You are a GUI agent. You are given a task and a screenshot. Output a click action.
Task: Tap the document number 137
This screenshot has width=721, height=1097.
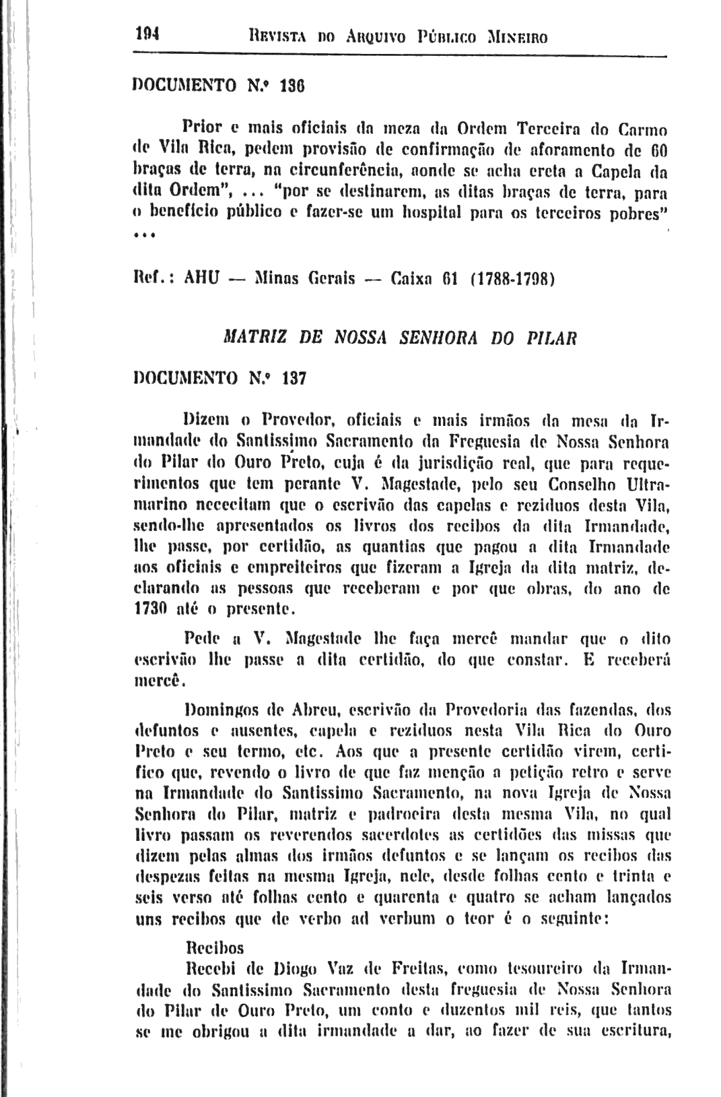tap(294, 379)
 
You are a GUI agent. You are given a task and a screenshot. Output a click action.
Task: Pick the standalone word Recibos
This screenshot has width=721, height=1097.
tap(213, 948)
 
